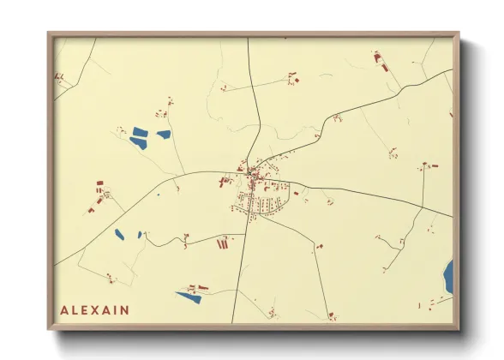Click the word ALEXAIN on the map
coord(94,310)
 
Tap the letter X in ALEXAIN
coord(94,310)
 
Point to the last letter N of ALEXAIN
coord(126,310)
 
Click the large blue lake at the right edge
coord(448,276)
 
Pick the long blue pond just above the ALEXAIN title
coord(188,297)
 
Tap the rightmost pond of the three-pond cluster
coord(164,134)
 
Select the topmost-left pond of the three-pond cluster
coord(139,132)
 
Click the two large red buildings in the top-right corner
coord(379,58)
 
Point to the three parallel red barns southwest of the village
coord(223,243)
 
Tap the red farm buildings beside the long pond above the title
coord(197,287)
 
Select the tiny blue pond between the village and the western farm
coord(158,195)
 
